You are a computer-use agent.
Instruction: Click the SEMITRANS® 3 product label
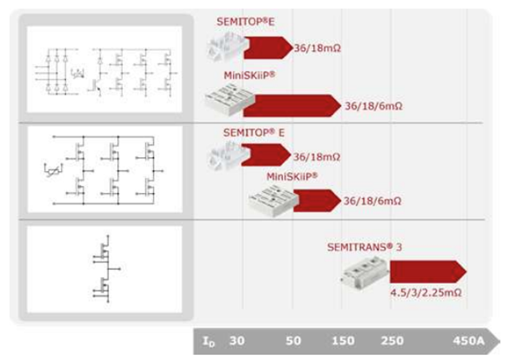pyautogui.click(x=369, y=247)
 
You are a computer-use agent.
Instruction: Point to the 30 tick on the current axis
pyautogui.click(x=237, y=341)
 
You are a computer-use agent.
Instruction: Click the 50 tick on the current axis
pyautogui.click(x=293, y=341)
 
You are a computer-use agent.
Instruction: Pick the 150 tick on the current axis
pyautogui.click(x=342, y=341)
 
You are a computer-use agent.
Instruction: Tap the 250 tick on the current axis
pyautogui.click(x=391, y=341)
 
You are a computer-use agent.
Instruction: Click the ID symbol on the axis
pyautogui.click(x=208, y=341)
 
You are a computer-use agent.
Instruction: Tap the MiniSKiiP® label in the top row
pyautogui.click(x=249, y=74)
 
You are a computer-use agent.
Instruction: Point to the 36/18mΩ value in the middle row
pyautogui.click(x=317, y=156)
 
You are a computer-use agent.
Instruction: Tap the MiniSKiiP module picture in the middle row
pyautogui.click(x=272, y=200)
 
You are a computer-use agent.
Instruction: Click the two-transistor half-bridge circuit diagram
pyautogui.click(x=104, y=268)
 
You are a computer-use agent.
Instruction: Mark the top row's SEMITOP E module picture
pyautogui.click(x=224, y=48)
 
